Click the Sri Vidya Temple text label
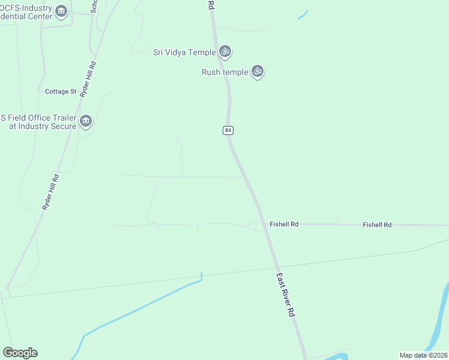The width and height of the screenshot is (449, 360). [x=184, y=52]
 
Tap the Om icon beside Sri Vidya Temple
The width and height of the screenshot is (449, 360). [x=225, y=52]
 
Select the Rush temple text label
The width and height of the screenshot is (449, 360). [x=224, y=72]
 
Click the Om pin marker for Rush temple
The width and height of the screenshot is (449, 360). [x=258, y=71]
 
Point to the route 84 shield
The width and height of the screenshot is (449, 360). [x=228, y=130]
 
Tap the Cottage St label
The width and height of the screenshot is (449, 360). [x=61, y=92]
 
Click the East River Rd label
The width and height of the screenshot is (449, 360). [x=286, y=295]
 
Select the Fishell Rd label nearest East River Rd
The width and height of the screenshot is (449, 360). [x=284, y=224]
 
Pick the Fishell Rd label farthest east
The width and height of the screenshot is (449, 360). [x=377, y=225]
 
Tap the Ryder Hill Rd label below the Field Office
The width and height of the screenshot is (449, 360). [x=50, y=191]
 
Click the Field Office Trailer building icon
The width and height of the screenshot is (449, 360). [x=85, y=122]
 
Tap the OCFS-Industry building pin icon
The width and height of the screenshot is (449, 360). [x=61, y=11]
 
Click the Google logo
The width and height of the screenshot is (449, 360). [x=20, y=353]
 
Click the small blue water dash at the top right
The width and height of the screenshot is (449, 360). [x=303, y=14]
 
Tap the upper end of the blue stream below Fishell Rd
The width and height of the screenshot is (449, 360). [x=202, y=274]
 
